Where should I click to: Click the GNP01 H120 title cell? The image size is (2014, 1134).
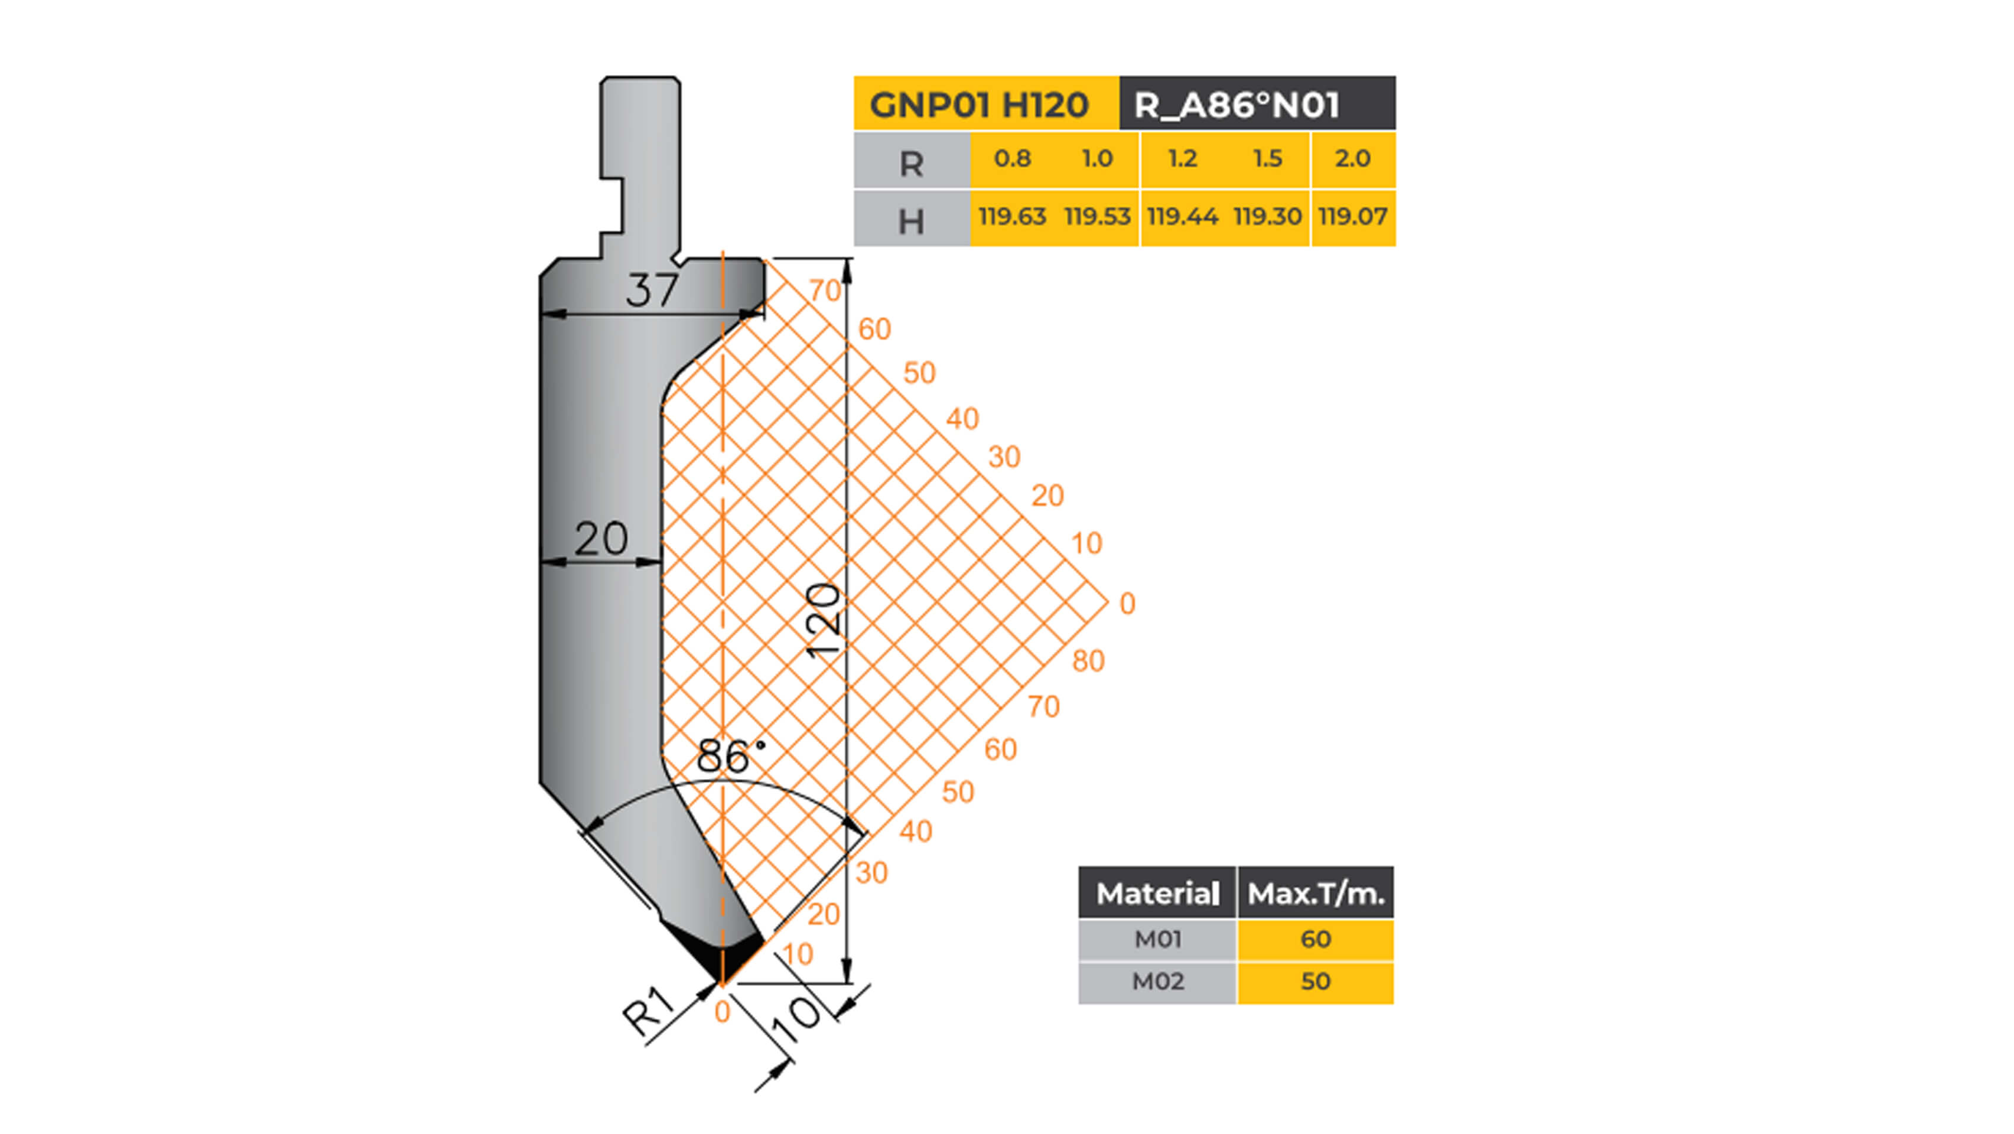[979, 105]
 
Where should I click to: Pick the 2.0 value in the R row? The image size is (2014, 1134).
[1352, 159]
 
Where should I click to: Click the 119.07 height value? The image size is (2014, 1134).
[1352, 217]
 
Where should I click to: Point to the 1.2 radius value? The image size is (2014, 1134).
[1182, 159]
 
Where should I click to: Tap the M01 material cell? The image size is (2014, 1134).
[1157, 939]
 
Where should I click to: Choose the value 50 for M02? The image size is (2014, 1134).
[1315, 982]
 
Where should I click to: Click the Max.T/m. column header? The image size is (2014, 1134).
[1315, 893]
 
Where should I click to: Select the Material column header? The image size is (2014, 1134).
[1157, 893]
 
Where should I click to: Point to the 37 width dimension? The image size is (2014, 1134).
[651, 291]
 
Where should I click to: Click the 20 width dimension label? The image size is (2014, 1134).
[600, 539]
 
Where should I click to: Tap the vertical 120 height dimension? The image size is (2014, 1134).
[824, 621]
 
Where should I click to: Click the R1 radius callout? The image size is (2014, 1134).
[648, 1012]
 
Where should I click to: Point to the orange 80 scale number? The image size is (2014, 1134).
[1088, 661]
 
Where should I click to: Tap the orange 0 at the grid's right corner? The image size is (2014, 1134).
[1127, 604]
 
